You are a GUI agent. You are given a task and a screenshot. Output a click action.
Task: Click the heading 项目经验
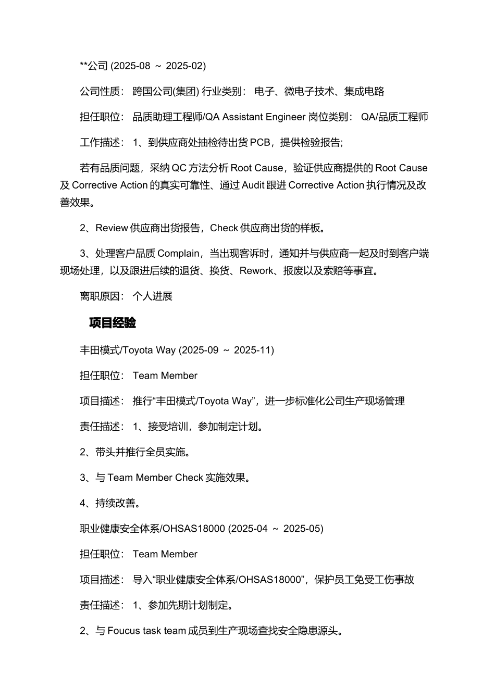coord(113,323)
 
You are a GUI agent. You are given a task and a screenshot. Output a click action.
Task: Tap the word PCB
coord(260,142)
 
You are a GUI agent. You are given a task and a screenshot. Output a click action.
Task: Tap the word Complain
coord(178,253)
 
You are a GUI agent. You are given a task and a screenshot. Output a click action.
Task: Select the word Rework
coord(256,270)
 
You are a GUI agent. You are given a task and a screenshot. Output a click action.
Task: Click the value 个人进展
coord(152,296)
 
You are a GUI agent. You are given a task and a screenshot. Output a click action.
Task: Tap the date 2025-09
coord(200,350)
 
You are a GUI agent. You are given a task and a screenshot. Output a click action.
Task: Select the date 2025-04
coord(249,529)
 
